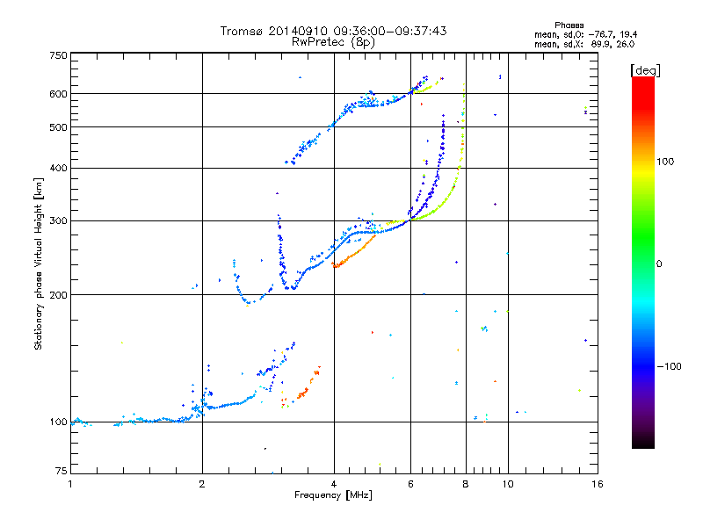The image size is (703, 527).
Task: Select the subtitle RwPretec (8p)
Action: tap(334, 41)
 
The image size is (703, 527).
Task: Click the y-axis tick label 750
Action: tap(58, 55)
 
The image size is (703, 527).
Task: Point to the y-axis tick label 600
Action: tap(58, 94)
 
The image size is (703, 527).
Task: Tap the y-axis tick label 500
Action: tap(58, 127)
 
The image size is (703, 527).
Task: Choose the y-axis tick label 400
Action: tap(58, 168)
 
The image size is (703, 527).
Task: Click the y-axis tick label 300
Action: tap(58, 221)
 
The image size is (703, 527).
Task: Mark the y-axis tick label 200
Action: tap(58, 295)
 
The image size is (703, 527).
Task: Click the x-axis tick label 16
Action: tap(597, 484)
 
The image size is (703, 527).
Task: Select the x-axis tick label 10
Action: tap(507, 484)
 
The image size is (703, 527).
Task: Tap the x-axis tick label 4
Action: tap(334, 484)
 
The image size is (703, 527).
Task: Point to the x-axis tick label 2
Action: tap(202, 484)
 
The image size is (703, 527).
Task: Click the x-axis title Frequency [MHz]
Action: tap(333, 496)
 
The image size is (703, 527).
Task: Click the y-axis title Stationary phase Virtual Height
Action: tap(39, 263)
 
